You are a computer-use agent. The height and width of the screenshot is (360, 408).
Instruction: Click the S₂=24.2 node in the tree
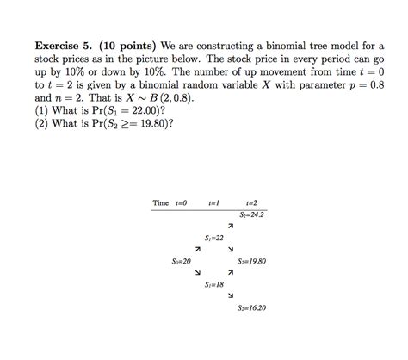[252, 214]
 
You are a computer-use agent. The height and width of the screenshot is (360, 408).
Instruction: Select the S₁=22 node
[214, 237]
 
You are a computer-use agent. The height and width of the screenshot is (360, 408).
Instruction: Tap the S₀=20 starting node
[181, 260]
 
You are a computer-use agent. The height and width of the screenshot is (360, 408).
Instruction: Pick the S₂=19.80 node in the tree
[251, 260]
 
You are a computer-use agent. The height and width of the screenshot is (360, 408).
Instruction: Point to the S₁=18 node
[214, 283]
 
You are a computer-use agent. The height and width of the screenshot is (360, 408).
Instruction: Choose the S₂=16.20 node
[251, 307]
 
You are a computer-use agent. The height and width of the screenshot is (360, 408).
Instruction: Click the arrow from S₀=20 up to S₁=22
[198, 249]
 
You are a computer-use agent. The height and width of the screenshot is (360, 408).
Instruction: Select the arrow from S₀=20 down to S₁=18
[198, 273]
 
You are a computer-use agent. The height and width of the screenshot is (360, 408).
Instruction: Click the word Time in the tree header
[161, 202]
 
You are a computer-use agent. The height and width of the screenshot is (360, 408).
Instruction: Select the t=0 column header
[181, 202]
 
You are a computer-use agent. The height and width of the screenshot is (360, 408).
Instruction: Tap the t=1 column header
[214, 202]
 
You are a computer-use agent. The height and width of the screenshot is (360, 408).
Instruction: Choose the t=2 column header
[251, 202]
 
